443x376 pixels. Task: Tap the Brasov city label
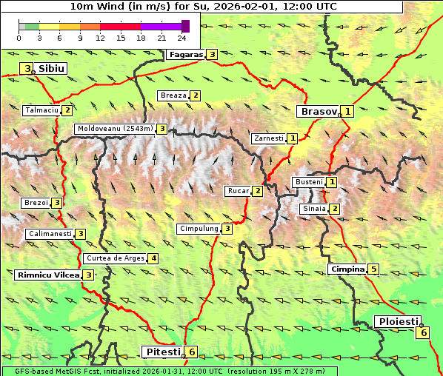[x=317, y=112]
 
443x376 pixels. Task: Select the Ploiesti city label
[x=398, y=321]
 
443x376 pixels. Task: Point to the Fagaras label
[x=186, y=54]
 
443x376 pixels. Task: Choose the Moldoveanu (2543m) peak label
[x=115, y=129]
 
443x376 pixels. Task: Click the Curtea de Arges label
[x=114, y=258]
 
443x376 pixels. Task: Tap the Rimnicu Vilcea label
[x=47, y=275]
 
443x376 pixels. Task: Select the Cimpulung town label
[x=199, y=229]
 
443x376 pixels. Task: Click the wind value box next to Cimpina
[x=374, y=269]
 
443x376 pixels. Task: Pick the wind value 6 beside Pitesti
[x=192, y=352]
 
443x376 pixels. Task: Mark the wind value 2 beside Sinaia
[x=335, y=209]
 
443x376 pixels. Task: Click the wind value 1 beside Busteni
[x=332, y=182]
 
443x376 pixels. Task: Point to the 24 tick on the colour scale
[x=181, y=38]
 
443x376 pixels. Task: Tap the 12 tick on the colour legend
[x=100, y=38]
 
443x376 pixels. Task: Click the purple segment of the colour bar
[x=161, y=26]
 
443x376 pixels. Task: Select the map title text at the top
[x=202, y=6]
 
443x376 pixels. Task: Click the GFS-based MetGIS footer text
[x=169, y=371]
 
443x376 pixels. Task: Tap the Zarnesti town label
[x=268, y=138]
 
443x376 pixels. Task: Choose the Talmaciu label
[x=41, y=110]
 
